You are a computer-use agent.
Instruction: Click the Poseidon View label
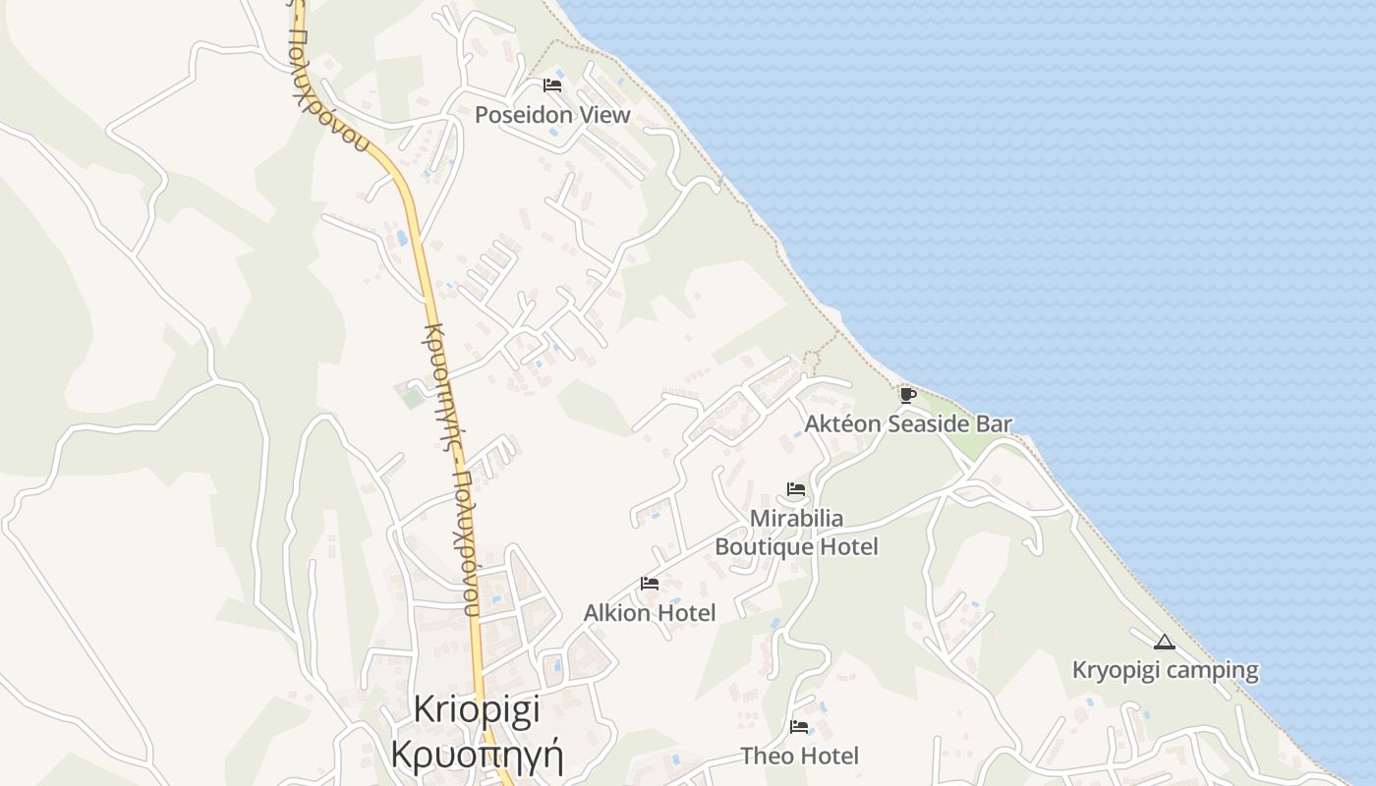pyautogui.click(x=552, y=115)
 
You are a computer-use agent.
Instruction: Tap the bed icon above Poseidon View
pyautogui.click(x=552, y=85)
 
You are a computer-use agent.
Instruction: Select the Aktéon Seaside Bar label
pyautogui.click(x=908, y=424)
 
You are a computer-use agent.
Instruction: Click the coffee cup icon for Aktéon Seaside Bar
pyautogui.click(x=907, y=395)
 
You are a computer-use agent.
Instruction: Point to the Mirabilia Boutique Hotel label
pyautogui.click(x=796, y=532)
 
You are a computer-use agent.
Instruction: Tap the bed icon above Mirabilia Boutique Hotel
pyautogui.click(x=796, y=488)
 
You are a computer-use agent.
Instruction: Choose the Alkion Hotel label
pyautogui.click(x=650, y=613)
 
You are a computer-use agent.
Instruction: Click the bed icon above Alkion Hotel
pyautogui.click(x=650, y=584)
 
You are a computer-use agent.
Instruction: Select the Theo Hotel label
pyautogui.click(x=799, y=757)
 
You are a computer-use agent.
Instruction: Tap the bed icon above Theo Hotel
pyautogui.click(x=799, y=727)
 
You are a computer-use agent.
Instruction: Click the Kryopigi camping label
pyautogui.click(x=1165, y=671)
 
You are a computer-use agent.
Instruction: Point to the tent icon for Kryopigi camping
pyautogui.click(x=1165, y=643)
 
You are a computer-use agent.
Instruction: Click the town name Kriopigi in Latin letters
pyautogui.click(x=477, y=709)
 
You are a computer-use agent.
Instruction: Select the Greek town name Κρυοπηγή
pyautogui.click(x=477, y=755)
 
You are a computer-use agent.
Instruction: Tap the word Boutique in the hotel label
pyautogui.click(x=763, y=546)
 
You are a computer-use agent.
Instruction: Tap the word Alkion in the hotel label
pyautogui.click(x=615, y=613)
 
